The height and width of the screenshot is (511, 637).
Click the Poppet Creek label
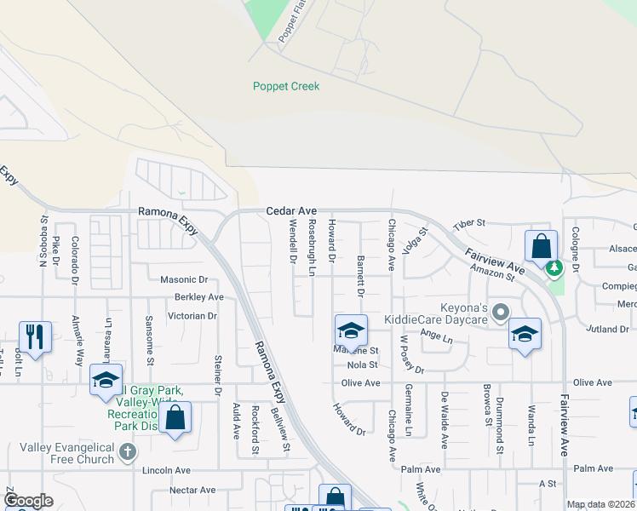point(286,86)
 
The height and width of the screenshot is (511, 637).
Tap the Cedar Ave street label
point(291,210)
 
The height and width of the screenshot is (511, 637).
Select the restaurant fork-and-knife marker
point(35,336)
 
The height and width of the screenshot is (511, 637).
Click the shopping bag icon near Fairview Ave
point(541,247)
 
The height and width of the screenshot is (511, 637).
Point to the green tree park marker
point(555,269)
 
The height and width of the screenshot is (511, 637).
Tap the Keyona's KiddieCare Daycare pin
point(501,311)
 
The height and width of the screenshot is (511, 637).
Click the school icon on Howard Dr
point(351,330)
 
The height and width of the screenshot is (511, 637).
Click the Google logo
point(28,501)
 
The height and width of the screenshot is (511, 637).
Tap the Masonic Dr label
point(184,279)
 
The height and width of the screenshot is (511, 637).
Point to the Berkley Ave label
point(198,297)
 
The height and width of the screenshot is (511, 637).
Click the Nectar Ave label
point(192,490)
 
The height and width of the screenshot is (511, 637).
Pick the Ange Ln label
point(437,336)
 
